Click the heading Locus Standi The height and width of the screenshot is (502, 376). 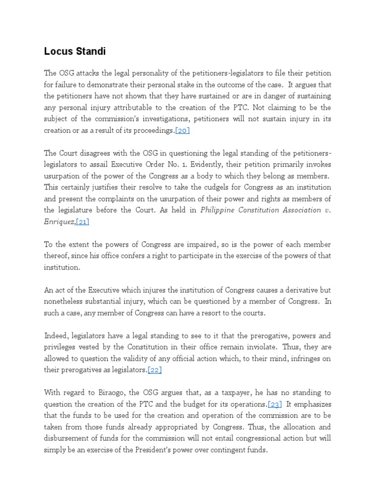click(x=75, y=51)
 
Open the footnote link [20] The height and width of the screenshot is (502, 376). click(x=182, y=130)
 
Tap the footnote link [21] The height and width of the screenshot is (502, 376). click(x=82, y=222)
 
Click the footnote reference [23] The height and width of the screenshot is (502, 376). click(x=275, y=404)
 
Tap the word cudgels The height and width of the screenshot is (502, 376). click(x=210, y=187)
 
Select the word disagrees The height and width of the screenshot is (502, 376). click(x=95, y=153)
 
